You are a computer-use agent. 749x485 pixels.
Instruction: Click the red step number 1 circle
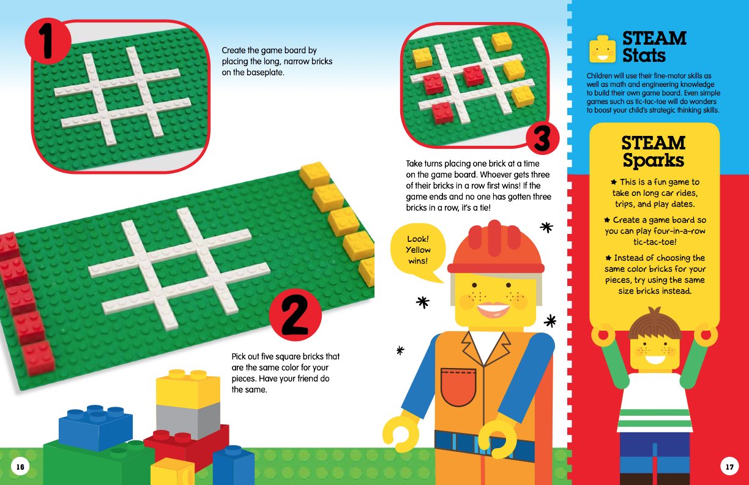(48, 41)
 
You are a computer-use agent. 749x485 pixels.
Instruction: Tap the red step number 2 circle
(295, 315)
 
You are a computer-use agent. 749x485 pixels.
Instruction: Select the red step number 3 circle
(542, 138)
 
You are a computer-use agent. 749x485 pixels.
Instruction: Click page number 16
(20, 467)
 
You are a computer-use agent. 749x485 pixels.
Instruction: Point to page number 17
(729, 467)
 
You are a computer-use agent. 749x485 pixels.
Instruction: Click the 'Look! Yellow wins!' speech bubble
(418, 251)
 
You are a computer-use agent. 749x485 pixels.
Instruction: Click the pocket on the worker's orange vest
(458, 387)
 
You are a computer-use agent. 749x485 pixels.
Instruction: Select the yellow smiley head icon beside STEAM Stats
(602, 49)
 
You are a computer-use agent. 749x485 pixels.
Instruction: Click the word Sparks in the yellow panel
(654, 160)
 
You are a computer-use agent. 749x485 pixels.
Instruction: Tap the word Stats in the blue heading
(644, 56)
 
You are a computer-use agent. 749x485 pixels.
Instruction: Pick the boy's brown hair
(654, 323)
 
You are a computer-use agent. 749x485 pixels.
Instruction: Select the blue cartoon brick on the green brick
(95, 427)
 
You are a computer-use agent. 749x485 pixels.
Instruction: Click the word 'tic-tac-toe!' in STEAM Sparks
(655, 242)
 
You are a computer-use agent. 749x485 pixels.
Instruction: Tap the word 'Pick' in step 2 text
(239, 356)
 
